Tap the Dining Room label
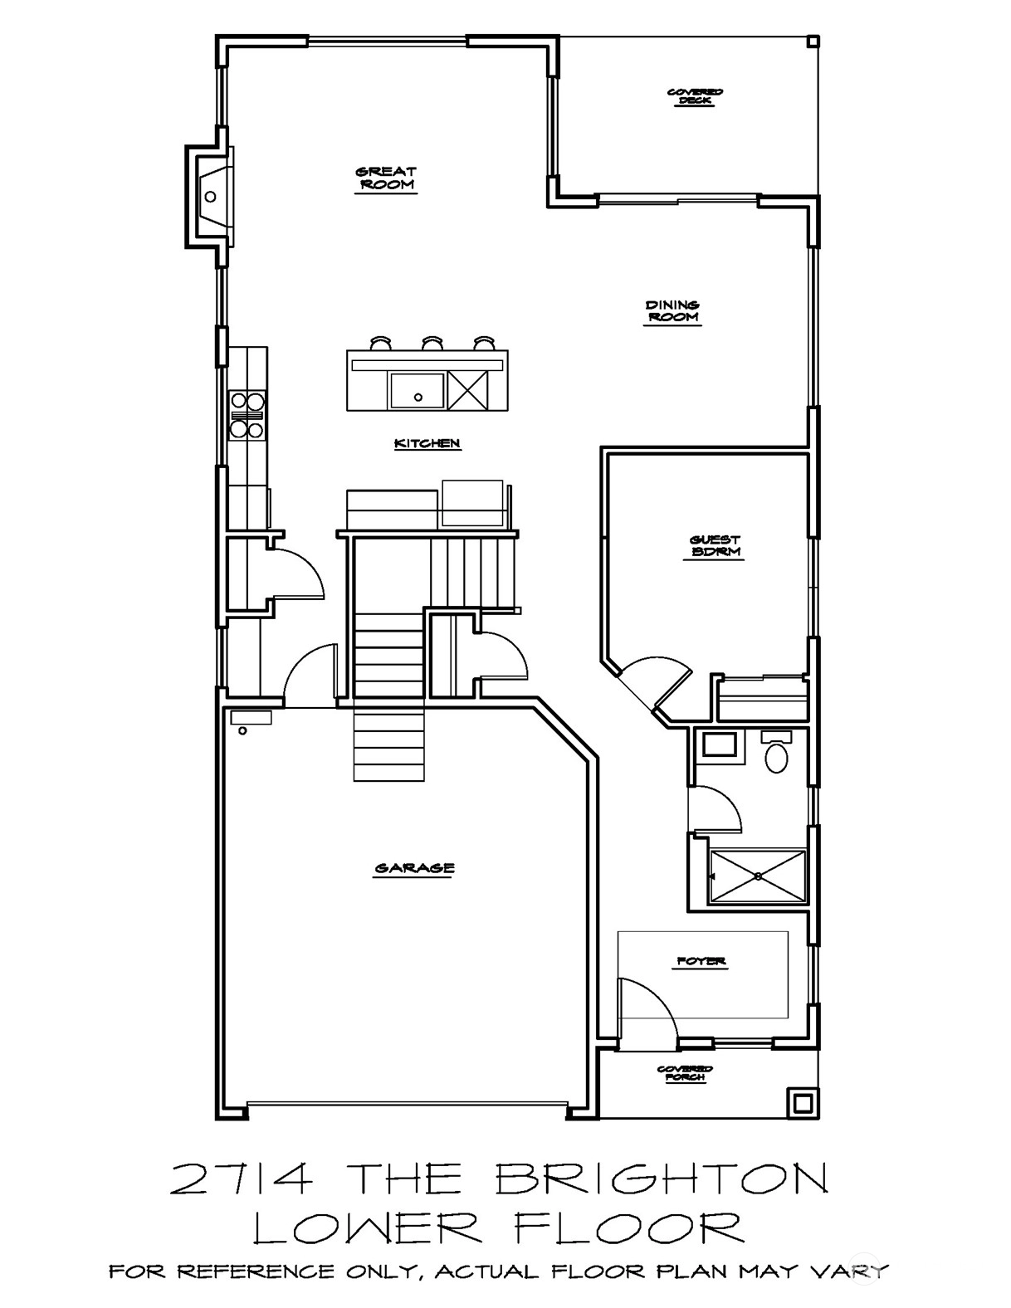(672, 312)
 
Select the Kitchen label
(427, 444)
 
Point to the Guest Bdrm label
(715, 545)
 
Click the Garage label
(415, 869)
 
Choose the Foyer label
(701, 962)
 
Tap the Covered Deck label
(695, 96)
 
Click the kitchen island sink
(417, 391)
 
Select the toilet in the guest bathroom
(776, 752)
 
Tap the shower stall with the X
(758, 876)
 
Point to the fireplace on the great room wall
(209, 196)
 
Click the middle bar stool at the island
(433, 343)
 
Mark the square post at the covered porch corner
(802, 1103)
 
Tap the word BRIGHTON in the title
(662, 1180)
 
